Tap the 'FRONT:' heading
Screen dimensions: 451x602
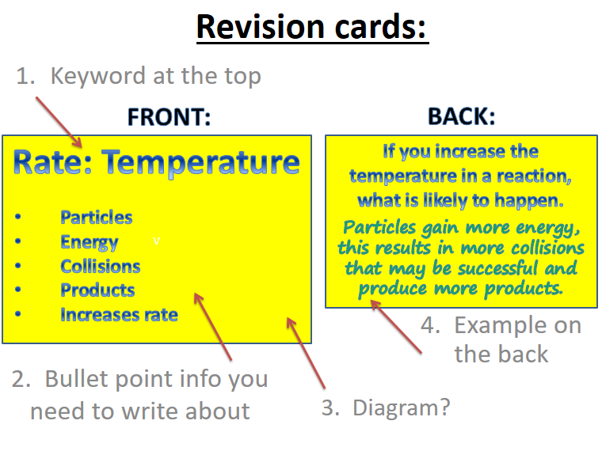(x=169, y=118)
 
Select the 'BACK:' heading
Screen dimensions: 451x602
(x=461, y=117)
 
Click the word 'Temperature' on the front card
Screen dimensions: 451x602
(x=201, y=162)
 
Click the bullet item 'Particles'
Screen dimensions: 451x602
(x=97, y=218)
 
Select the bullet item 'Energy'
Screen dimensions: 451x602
(x=89, y=242)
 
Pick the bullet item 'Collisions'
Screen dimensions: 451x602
(x=101, y=267)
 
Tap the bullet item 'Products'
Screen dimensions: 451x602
(x=97, y=290)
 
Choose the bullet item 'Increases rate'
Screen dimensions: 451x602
(x=119, y=315)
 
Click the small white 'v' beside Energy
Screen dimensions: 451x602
(x=156, y=241)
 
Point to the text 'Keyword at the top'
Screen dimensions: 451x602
(x=155, y=76)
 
